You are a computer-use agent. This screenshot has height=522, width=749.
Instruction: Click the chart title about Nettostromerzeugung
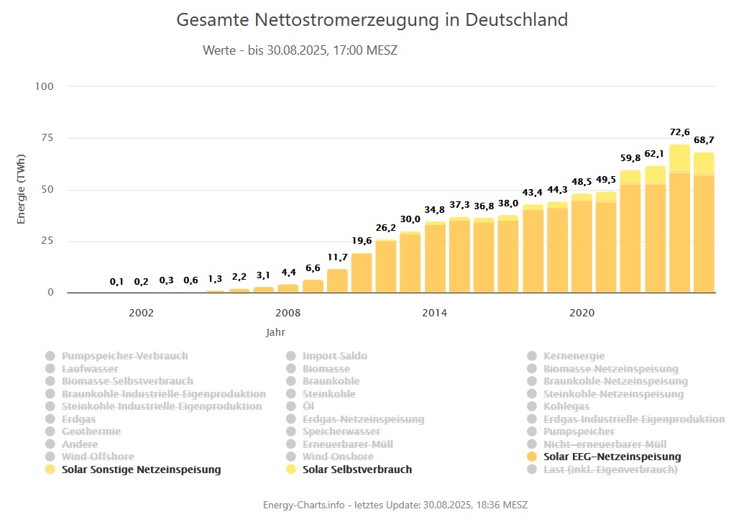[372, 19]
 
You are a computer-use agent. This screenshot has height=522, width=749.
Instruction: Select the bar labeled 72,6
[679, 219]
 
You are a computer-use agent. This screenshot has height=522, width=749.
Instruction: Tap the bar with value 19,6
[362, 273]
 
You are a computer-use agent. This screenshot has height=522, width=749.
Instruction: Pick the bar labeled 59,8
[630, 232]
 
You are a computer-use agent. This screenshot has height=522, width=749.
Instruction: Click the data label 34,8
[435, 210]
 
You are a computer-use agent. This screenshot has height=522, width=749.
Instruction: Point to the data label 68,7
[704, 139]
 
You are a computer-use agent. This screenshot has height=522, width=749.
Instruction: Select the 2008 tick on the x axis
[288, 313]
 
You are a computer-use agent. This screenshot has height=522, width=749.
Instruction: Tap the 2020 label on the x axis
[582, 313]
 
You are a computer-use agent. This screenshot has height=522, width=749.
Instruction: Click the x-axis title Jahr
[275, 333]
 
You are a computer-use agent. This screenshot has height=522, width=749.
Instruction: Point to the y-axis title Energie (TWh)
[21, 189]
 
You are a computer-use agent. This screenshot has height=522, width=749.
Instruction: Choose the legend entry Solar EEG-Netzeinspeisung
[612, 457]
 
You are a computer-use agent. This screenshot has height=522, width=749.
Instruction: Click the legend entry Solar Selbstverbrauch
[357, 470]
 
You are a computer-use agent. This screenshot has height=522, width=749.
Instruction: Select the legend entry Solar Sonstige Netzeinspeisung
[141, 470]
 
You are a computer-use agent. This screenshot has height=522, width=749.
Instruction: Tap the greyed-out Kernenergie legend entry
[574, 356]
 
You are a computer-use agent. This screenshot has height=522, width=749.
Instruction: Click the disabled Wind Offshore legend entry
[98, 457]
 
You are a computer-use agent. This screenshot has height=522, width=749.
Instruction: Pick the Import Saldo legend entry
[334, 356]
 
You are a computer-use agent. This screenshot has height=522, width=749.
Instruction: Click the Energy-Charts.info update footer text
[396, 505]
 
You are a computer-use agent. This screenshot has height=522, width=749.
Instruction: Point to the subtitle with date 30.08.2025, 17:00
[300, 51]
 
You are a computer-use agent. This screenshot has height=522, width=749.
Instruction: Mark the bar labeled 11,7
[337, 281]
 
